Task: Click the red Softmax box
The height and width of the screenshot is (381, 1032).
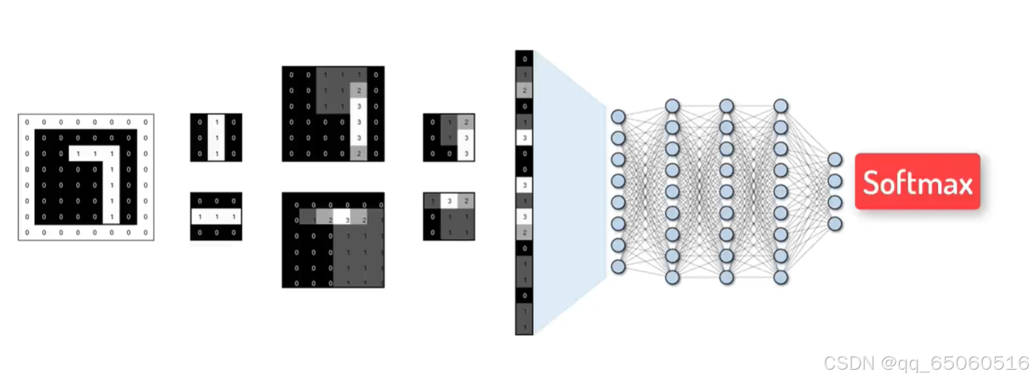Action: tap(917, 182)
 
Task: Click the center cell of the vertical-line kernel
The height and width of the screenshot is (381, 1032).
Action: tap(216, 138)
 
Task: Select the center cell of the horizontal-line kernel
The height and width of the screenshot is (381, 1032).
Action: tap(216, 217)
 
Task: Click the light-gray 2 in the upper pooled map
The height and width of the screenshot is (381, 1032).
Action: tap(466, 122)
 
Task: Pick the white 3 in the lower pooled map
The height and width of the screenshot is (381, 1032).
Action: tap(449, 201)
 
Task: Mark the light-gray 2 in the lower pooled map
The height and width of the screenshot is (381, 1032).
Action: tap(466, 201)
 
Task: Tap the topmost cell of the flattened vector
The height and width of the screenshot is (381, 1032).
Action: tap(524, 59)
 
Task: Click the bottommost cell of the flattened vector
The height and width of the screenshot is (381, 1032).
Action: tap(524, 327)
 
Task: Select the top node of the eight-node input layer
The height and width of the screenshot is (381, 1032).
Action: tap(617, 117)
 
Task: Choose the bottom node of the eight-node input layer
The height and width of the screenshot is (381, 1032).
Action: tap(617, 266)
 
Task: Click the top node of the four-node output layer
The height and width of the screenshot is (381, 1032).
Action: tap(835, 160)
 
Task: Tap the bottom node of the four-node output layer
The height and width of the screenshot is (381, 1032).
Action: tap(835, 224)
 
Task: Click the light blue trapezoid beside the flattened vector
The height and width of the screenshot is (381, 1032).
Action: tap(566, 191)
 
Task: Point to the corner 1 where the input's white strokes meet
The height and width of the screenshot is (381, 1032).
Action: tap(111, 154)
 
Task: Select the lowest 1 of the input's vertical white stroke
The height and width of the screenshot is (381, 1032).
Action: tap(111, 216)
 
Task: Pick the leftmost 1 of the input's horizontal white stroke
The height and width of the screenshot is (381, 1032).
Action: tap(78, 154)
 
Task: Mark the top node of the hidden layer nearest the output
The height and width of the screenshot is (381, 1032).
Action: tap(781, 105)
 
